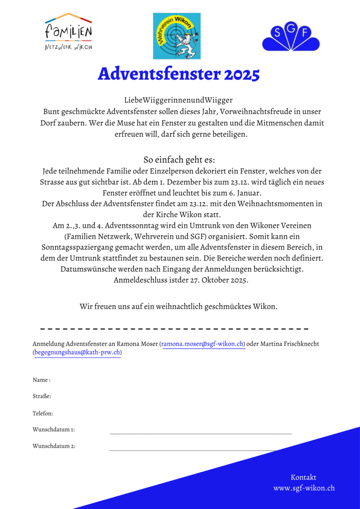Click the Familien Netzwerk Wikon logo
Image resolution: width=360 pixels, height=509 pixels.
(x=68, y=32)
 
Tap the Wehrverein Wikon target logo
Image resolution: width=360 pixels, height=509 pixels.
(x=177, y=36)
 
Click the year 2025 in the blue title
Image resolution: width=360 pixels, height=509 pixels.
(x=241, y=74)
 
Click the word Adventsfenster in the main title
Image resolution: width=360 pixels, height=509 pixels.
(x=159, y=74)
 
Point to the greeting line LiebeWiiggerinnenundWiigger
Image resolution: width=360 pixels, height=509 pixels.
(x=178, y=100)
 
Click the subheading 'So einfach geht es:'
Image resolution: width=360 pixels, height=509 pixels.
(x=179, y=159)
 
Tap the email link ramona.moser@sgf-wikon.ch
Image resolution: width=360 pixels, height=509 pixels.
(x=203, y=344)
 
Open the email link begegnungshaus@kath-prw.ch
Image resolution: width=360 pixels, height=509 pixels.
(x=77, y=352)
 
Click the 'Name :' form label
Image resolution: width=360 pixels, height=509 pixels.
(x=42, y=380)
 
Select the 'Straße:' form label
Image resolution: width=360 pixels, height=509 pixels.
(x=42, y=397)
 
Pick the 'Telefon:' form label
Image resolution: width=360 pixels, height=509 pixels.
(x=43, y=413)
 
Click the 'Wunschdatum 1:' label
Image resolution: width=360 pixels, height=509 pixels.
(x=53, y=429)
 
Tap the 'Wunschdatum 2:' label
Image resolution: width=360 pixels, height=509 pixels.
(x=54, y=446)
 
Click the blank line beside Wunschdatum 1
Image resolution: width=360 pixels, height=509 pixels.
(x=200, y=434)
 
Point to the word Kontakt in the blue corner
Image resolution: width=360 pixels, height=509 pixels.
(x=303, y=477)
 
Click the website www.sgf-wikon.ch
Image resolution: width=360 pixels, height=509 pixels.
(x=304, y=488)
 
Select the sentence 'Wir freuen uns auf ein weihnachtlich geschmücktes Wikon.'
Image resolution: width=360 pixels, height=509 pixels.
(x=179, y=307)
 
